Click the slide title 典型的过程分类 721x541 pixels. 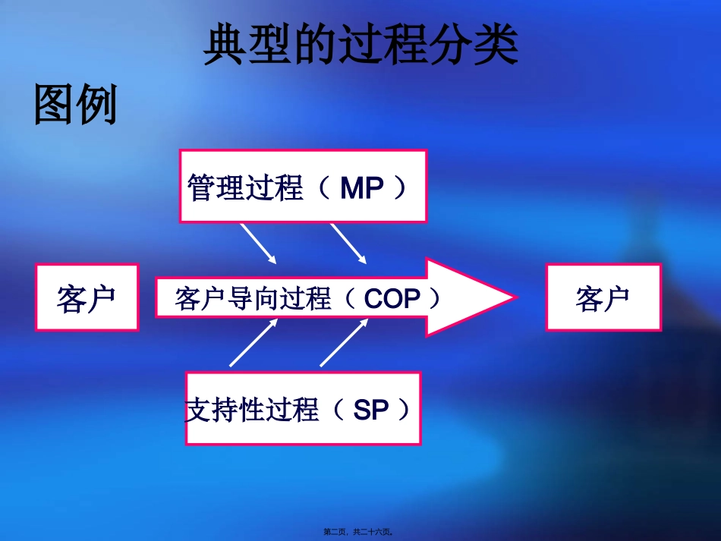click(x=360, y=45)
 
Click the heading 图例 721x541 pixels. click(x=76, y=105)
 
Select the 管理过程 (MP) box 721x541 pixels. click(x=303, y=186)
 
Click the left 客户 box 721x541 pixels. click(x=87, y=297)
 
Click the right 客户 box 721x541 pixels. click(x=603, y=297)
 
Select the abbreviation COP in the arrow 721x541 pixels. click(x=392, y=299)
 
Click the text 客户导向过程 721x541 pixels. click(x=253, y=299)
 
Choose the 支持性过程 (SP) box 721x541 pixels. click(x=303, y=408)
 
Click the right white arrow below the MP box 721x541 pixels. click(x=348, y=243)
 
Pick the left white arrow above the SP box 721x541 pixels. click(x=253, y=342)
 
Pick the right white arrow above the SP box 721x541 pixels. click(x=344, y=342)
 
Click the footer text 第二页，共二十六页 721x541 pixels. click(x=360, y=533)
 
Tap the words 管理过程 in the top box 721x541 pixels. click(x=246, y=188)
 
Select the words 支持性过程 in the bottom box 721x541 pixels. click(x=252, y=410)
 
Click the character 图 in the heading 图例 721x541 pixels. click(x=55, y=105)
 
